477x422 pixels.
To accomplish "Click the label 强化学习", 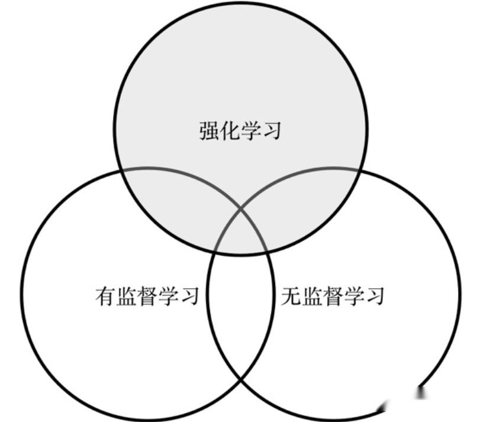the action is [240, 130].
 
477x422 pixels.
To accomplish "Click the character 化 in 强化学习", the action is [230, 130].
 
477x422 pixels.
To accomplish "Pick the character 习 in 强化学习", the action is [271, 130].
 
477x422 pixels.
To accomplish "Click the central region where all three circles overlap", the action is [240, 234].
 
